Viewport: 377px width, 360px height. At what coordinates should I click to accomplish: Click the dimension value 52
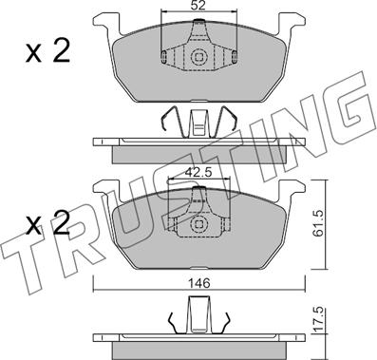coord(198,6)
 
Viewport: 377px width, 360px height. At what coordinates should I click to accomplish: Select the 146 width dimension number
coord(200,283)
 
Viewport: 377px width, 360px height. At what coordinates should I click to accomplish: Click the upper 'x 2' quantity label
coord(47,51)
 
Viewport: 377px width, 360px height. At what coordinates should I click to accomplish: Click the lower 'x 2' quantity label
coord(47,223)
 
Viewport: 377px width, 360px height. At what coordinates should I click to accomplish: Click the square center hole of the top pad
coord(198,57)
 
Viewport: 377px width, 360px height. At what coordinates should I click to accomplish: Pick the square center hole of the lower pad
coord(198,224)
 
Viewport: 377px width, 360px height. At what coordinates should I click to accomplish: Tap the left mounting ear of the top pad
coord(106,23)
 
